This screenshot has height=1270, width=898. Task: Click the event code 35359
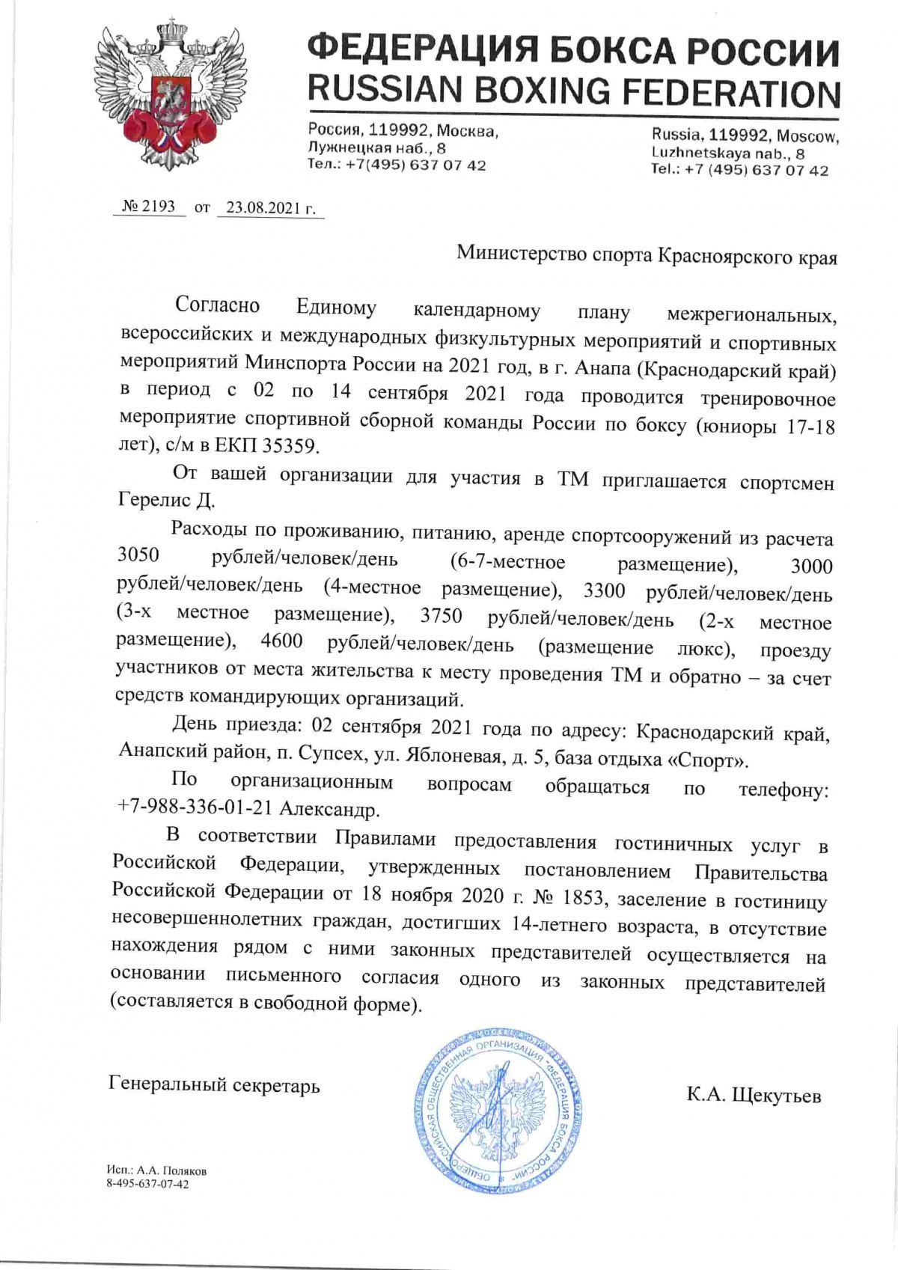[x=289, y=446]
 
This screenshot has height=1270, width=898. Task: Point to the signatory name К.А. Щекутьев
[x=754, y=1096]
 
